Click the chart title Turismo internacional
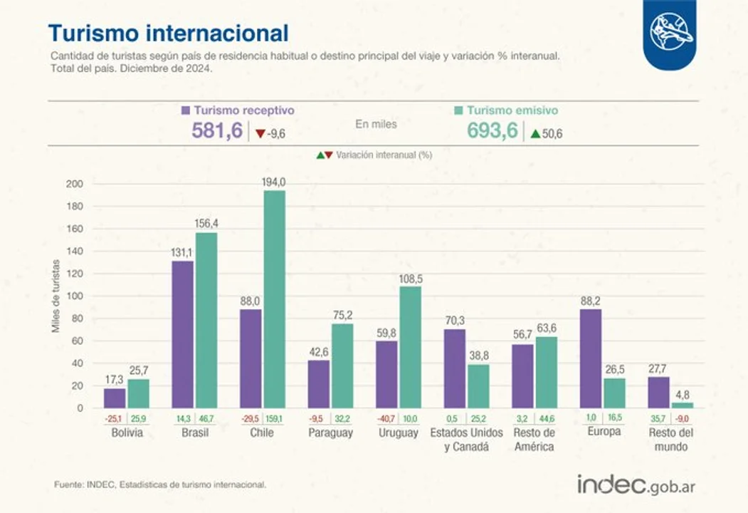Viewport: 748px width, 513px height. pos(168,33)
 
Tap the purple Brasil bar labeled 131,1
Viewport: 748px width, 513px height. pos(184,334)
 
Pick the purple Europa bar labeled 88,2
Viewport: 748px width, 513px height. pos(591,358)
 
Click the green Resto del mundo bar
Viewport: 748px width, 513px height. pos(682,405)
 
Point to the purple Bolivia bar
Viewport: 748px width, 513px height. pos(114,398)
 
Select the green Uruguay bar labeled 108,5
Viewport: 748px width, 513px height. pos(410,347)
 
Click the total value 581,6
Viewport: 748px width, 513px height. pos(217,131)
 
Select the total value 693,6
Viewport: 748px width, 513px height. pos(492,131)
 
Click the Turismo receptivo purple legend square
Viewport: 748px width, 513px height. pos(186,110)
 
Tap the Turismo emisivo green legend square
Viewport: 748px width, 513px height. pos(459,110)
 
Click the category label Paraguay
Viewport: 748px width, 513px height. pos(330,433)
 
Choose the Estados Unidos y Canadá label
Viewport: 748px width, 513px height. pos(466,440)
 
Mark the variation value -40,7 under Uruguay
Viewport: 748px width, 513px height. pos(386,419)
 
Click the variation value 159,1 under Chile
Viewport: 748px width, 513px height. pos(275,419)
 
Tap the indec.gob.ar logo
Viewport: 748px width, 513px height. pos(636,484)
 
